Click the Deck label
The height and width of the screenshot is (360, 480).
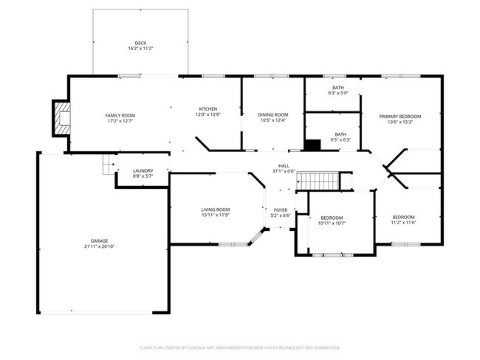coord(140,43)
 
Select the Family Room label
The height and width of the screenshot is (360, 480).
coord(120,115)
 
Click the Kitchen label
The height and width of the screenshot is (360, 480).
coord(208,109)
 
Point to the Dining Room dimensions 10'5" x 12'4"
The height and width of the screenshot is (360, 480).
coord(272,121)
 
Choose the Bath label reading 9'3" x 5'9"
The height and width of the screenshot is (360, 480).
coord(337,88)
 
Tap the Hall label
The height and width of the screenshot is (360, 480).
coord(283,165)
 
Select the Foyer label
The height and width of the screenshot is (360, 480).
coord(281,210)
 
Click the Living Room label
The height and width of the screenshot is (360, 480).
coord(216,210)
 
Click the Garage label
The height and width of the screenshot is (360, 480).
coord(100,240)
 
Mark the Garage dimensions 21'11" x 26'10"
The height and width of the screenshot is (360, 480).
coord(100,246)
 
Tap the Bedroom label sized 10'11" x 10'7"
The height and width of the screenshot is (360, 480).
coord(332,218)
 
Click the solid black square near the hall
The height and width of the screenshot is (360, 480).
coord(312,145)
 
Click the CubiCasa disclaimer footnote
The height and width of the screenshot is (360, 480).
coord(239,347)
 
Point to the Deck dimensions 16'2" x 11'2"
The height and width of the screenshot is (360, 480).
coord(140,49)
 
